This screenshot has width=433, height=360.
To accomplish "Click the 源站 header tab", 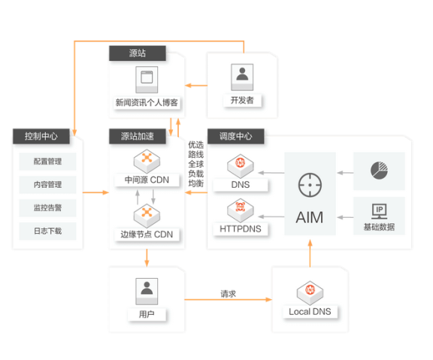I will click(138, 54).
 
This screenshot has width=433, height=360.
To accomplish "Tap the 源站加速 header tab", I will click(138, 136).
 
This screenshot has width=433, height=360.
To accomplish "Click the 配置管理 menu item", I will click(47, 162).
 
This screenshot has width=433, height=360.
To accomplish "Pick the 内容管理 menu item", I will click(47, 185).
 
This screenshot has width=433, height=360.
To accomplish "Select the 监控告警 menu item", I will click(47, 207).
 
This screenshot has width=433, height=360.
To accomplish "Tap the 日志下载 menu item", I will click(47, 231).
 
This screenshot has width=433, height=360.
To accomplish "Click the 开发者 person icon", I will click(242, 74).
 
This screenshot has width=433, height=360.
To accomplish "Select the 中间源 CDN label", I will click(147, 180).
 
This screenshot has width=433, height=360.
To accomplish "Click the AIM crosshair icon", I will click(310, 184).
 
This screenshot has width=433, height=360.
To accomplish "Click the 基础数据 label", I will click(378, 227).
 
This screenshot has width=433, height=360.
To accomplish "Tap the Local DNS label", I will click(310, 311).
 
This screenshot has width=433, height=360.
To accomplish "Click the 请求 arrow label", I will click(228, 293).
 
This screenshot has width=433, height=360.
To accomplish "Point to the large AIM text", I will click(310, 218).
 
